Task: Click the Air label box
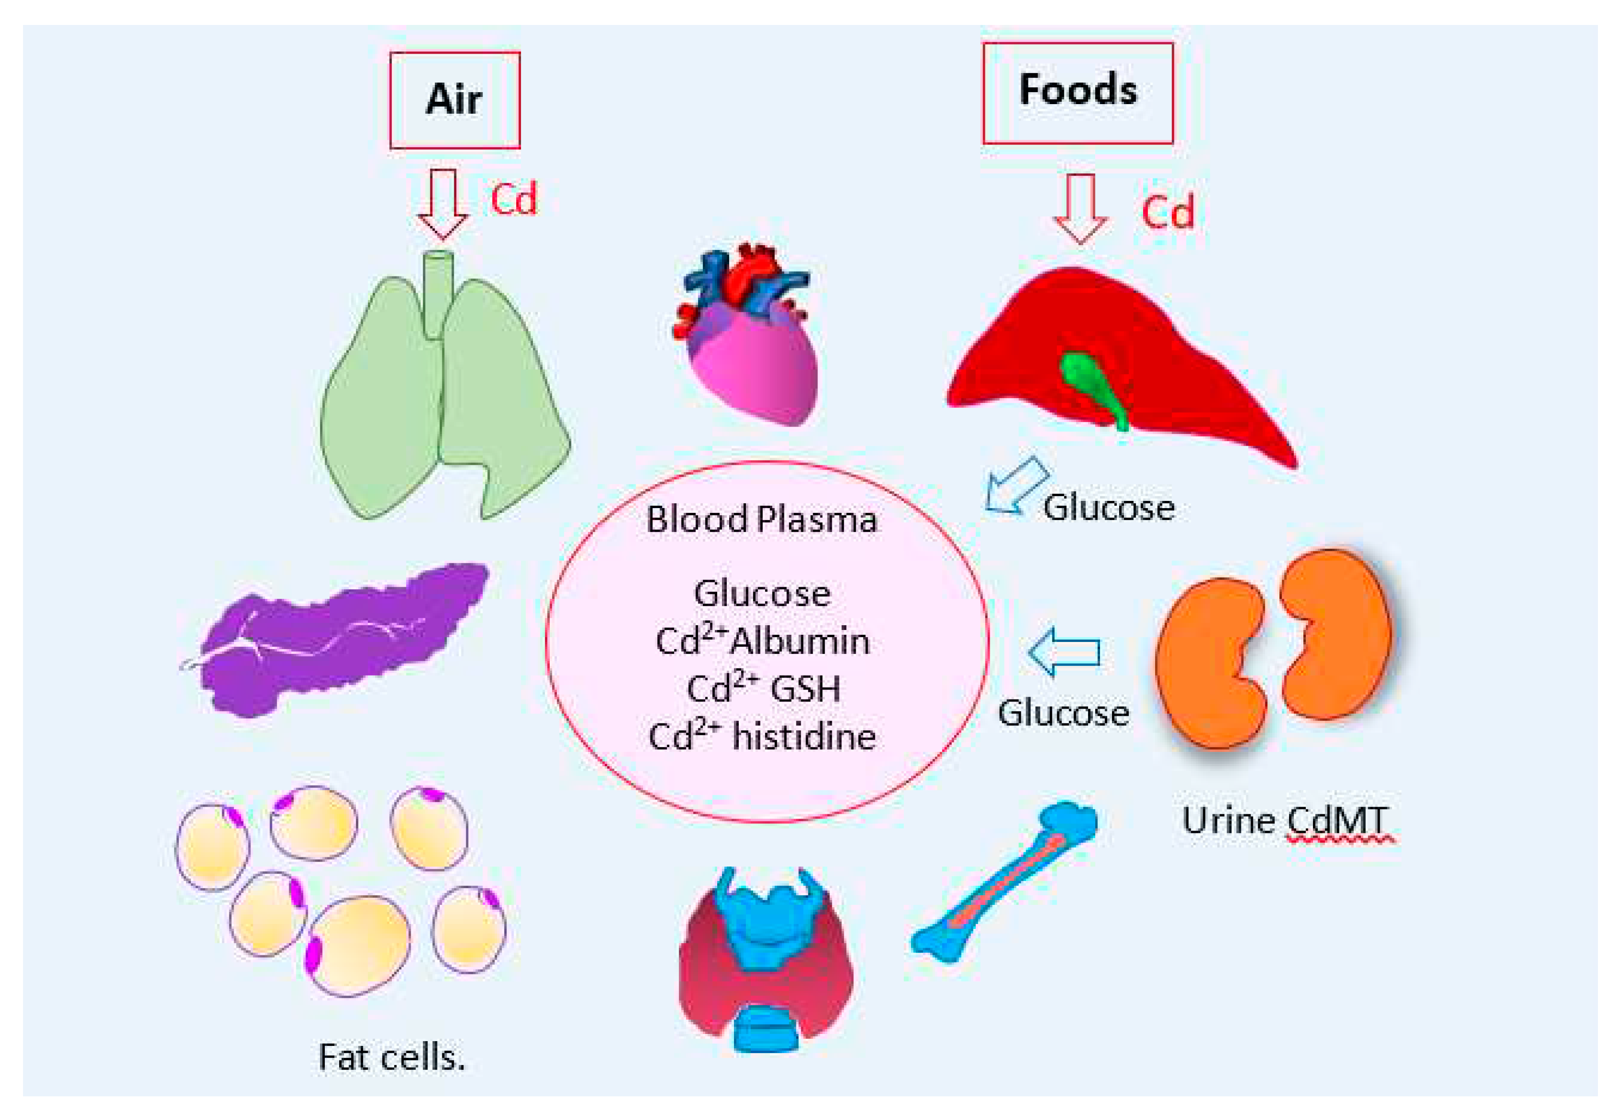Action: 454,99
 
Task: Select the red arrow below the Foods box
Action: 1080,208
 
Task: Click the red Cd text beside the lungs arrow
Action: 514,199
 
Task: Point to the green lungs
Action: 391,413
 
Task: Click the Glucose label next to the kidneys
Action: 1063,713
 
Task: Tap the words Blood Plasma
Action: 761,520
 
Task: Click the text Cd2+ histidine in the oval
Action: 762,736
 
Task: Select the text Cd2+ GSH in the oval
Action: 764,689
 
